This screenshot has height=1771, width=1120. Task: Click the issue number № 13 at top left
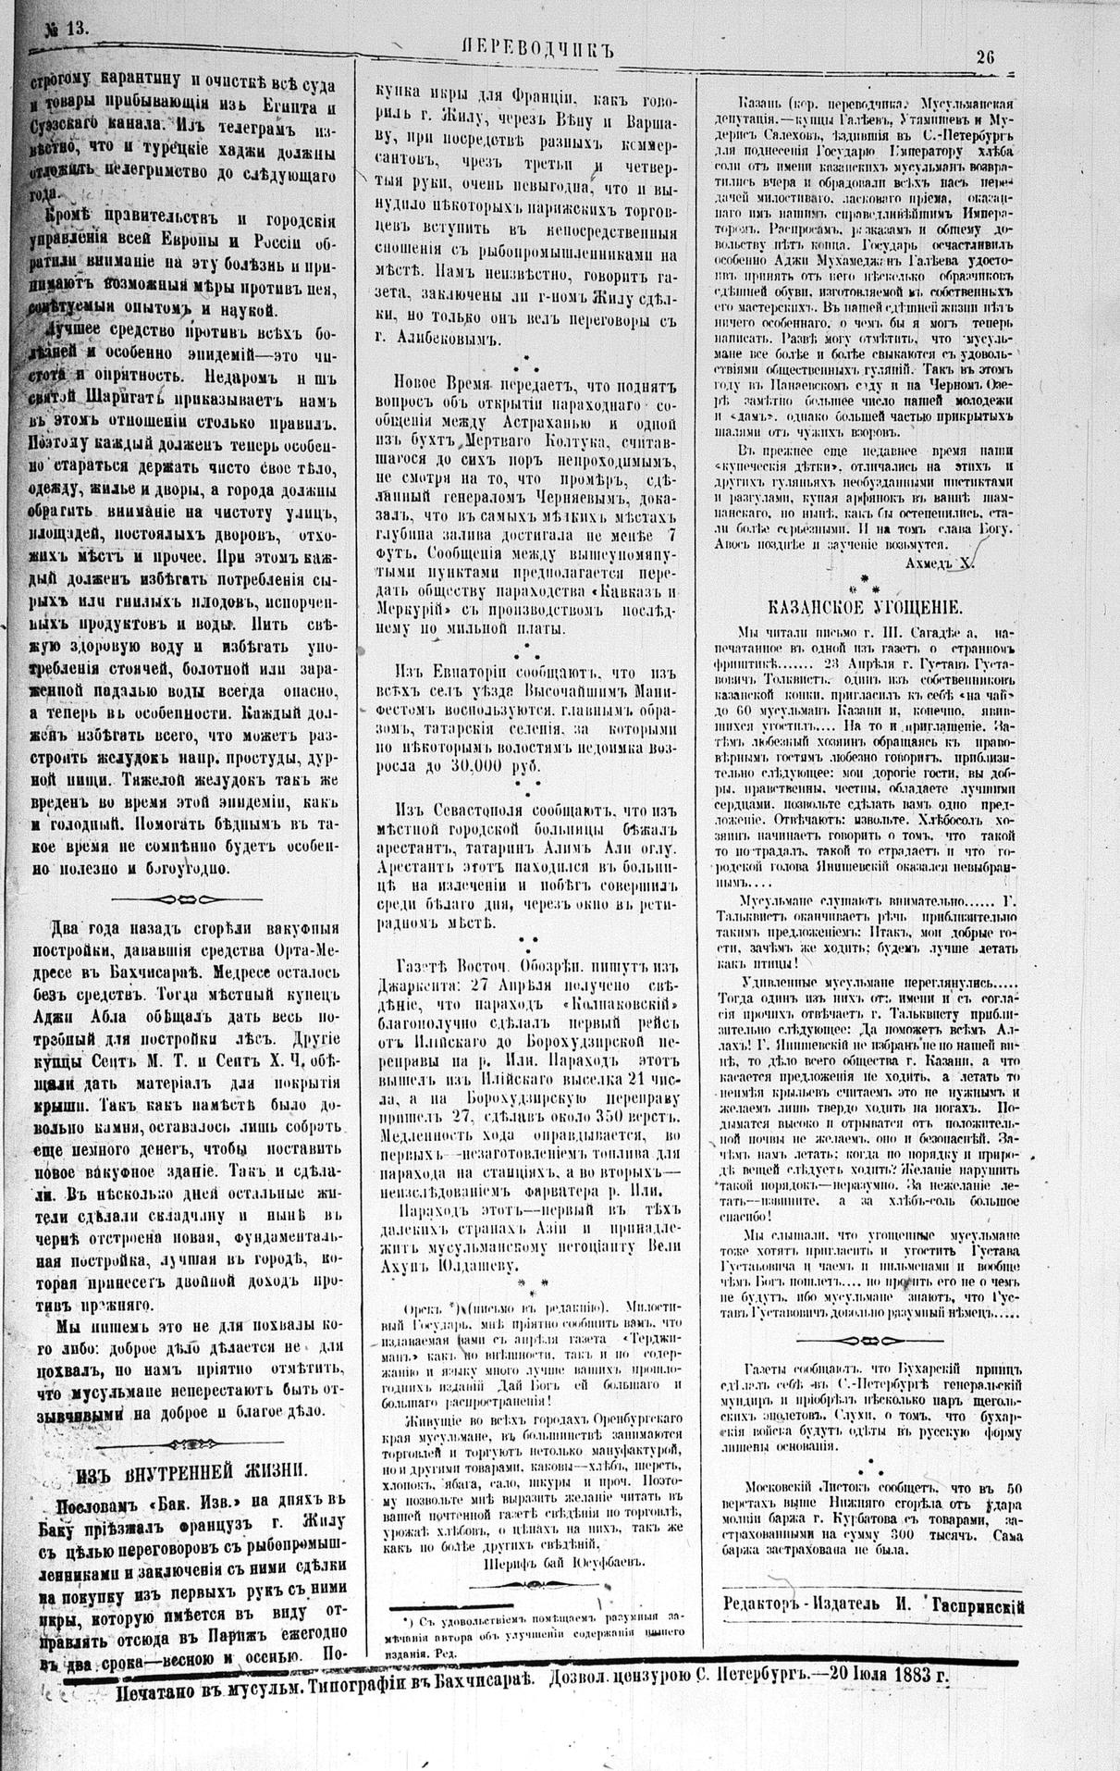tap(65, 29)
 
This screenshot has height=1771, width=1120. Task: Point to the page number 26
tap(985, 56)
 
